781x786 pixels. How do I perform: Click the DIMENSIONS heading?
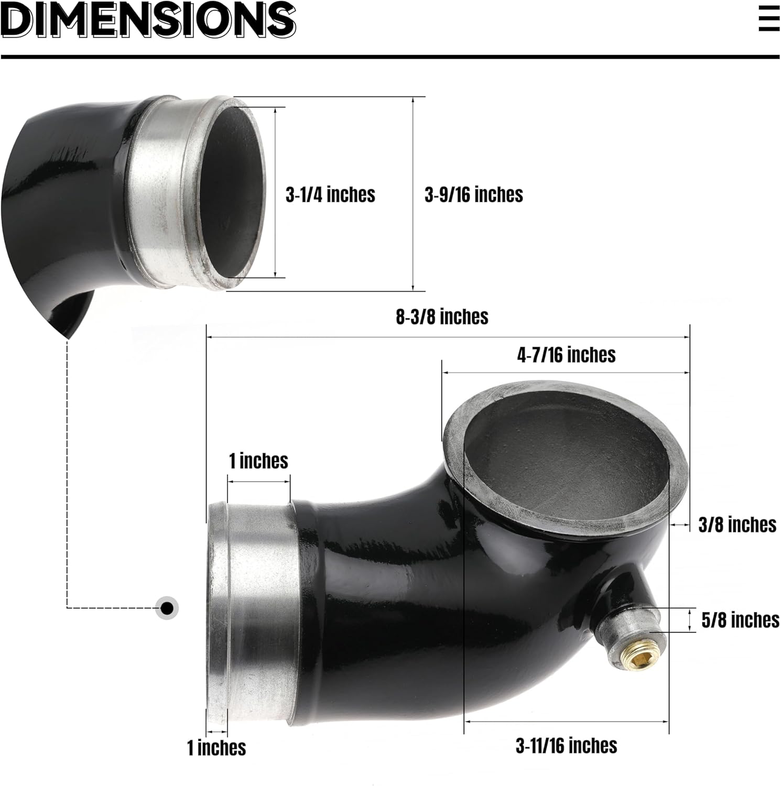pos(148,20)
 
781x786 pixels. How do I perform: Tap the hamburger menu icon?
pos(769,19)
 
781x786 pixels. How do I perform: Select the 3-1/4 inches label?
pos(330,195)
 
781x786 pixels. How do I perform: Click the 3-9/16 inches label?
pos(473,195)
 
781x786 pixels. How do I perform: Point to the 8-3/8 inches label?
pos(442,317)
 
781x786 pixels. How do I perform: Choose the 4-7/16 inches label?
pos(566,355)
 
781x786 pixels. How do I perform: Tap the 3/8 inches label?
pos(737,525)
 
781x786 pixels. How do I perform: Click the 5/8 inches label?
pos(740,620)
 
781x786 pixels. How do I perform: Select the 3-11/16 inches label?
pos(566,746)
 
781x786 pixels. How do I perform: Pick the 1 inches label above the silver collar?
pos(258,461)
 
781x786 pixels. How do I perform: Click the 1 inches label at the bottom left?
pos(216,748)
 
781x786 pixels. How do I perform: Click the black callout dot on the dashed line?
pos(167,608)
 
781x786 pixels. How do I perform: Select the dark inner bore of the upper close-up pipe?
pos(236,194)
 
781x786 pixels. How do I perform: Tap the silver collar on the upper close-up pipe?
pos(162,194)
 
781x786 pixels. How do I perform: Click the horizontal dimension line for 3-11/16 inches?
pos(566,722)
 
